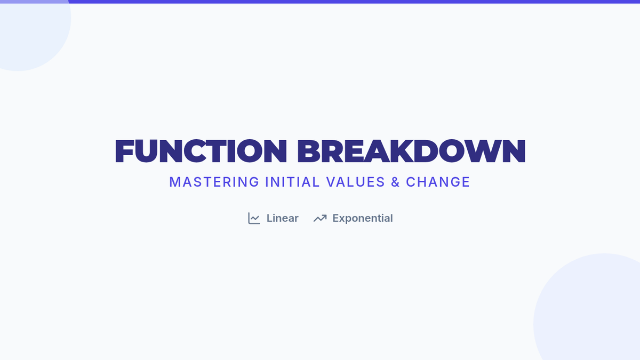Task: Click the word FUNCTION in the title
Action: pos(201,151)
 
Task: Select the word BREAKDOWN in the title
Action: pos(411,151)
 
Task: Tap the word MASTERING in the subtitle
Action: pos(214,182)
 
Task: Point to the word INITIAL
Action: pos(292,182)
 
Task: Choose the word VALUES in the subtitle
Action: pos(355,182)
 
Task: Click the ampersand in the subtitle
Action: pos(395,182)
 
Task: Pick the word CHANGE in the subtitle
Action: pos(438,182)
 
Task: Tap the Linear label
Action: pos(282,218)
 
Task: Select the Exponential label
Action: pos(363,219)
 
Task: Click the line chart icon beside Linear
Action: pos(254,218)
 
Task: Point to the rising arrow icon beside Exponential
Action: pos(320,218)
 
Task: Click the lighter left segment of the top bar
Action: pos(34,2)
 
